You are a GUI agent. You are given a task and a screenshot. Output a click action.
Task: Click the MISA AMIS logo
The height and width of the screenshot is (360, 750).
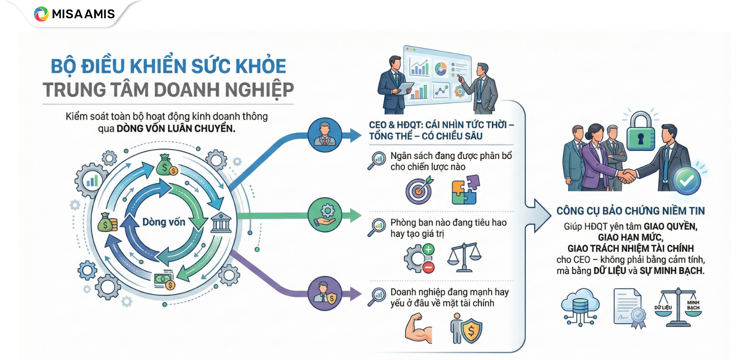74,14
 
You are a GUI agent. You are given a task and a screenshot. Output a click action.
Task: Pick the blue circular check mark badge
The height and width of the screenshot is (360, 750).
686,180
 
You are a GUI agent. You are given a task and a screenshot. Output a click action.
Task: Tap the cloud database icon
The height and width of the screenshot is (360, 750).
580,305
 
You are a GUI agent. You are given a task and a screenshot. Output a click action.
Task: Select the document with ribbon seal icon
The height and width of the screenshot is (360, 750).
629,306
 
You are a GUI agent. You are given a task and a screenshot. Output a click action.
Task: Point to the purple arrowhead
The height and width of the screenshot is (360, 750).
356,293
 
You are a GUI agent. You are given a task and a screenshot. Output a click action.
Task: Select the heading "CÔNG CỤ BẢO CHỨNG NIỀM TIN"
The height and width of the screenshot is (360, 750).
630,211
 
